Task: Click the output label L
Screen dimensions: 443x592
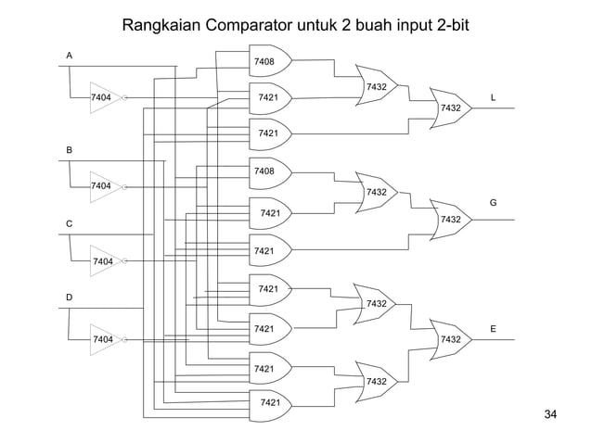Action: pyautogui.click(x=493, y=96)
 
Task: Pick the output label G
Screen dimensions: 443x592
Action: pyautogui.click(x=493, y=202)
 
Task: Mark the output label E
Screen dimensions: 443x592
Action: pyautogui.click(x=493, y=329)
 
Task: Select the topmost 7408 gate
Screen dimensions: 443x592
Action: pyautogui.click(x=267, y=61)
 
